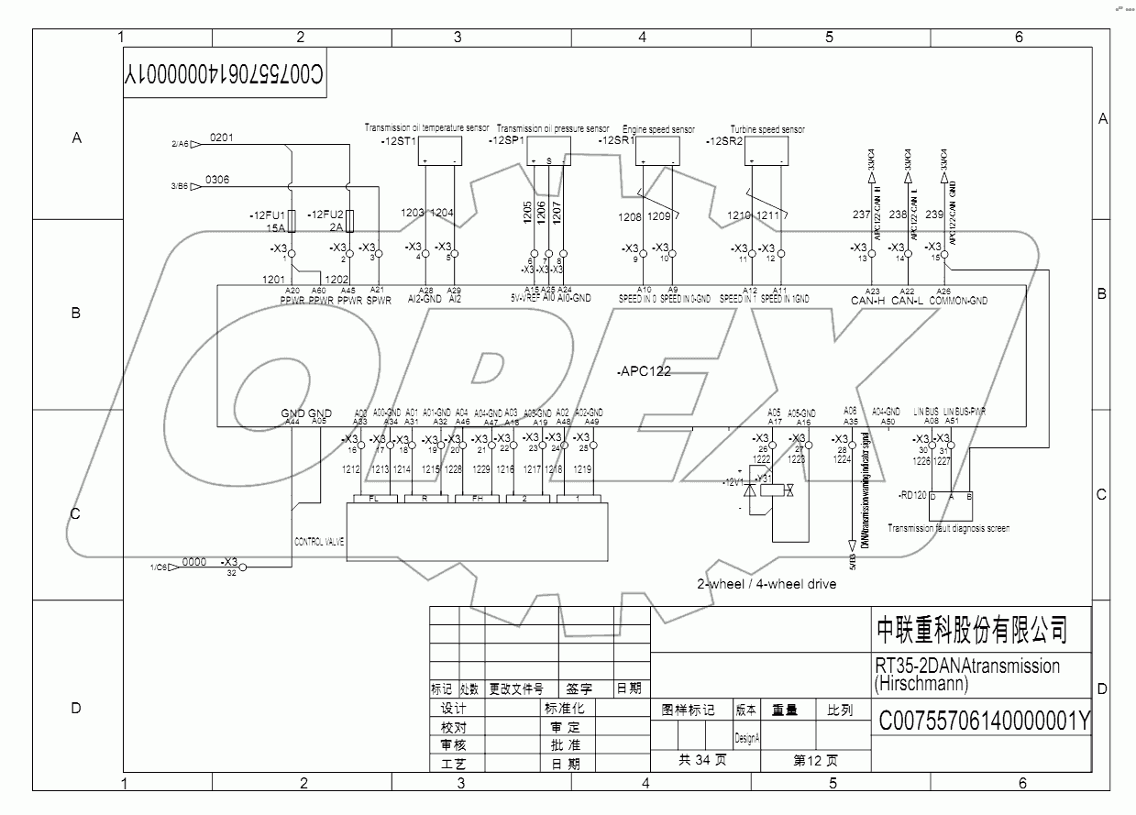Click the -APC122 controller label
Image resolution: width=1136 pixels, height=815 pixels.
(645, 371)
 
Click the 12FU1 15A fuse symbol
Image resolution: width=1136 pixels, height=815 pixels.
(291, 222)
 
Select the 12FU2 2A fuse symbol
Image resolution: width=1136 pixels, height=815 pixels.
(349, 222)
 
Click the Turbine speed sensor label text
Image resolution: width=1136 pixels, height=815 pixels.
(767, 129)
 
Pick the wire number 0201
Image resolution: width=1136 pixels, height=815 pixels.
(222, 138)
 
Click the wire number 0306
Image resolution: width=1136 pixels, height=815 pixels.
(217, 180)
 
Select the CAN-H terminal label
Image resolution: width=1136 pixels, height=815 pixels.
(867, 301)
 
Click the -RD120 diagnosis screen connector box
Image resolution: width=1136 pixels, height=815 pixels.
(951, 506)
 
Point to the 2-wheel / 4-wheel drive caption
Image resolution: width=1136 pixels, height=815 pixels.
(767, 584)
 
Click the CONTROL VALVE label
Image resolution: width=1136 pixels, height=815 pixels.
(318, 542)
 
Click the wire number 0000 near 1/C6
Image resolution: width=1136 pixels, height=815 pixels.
(194, 562)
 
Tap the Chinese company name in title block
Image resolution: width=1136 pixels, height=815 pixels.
(972, 630)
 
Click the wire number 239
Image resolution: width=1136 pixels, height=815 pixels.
(934, 215)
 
